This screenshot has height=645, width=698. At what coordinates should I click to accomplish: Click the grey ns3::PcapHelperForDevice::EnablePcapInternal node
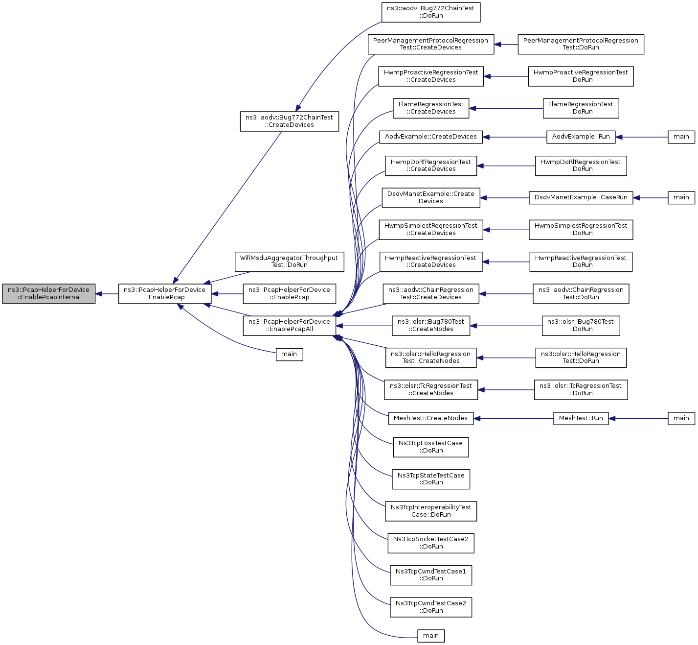coord(48,294)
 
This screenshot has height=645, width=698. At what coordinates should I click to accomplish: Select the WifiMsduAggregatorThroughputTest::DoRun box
coord(289,262)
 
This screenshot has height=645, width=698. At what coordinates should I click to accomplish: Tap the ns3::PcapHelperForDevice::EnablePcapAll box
coord(289,326)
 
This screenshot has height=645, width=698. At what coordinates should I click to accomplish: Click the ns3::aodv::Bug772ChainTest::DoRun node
coord(431,12)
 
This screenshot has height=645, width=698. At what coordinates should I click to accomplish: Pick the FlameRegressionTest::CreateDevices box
coord(431,108)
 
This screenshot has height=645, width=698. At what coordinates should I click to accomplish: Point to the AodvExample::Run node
coord(581,137)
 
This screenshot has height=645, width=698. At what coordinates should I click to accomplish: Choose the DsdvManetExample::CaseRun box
coord(581,197)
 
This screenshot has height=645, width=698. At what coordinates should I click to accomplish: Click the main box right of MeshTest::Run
coord(681,418)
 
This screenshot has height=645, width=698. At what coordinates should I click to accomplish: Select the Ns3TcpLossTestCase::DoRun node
coord(431,447)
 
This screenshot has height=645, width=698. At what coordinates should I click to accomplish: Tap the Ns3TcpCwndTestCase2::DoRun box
coord(431,607)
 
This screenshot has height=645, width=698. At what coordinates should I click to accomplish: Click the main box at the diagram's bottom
coord(431,636)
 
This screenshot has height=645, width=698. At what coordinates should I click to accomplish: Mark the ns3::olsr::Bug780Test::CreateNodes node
coord(431,326)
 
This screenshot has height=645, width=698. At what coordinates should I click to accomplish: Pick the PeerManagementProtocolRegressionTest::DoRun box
coord(581,44)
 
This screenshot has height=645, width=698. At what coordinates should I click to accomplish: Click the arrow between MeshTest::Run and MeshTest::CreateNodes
coord(513,419)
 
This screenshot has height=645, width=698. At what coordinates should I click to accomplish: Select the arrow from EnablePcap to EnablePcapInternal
coord(107,294)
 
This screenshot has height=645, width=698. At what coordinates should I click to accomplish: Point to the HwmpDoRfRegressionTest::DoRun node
coord(581,166)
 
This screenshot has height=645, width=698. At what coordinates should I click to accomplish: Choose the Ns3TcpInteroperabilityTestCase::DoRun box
coord(431,511)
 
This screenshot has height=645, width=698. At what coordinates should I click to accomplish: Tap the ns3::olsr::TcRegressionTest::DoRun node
coord(581,389)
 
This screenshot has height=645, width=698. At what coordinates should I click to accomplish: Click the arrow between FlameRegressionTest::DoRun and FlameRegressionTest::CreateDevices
coord(506,108)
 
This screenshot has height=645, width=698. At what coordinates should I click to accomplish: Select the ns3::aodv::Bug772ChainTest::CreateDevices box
coord(289,121)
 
